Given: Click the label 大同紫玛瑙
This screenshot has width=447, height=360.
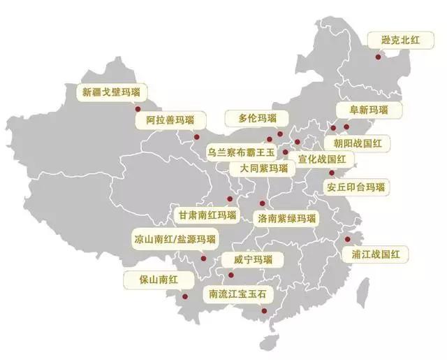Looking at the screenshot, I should pos(263,168).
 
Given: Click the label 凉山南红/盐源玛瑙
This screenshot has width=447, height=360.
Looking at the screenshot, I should pos(175,239).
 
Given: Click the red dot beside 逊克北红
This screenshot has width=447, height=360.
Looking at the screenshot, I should pos(379,57).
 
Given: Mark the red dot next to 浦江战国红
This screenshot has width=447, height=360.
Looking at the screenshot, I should pos(347,239).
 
